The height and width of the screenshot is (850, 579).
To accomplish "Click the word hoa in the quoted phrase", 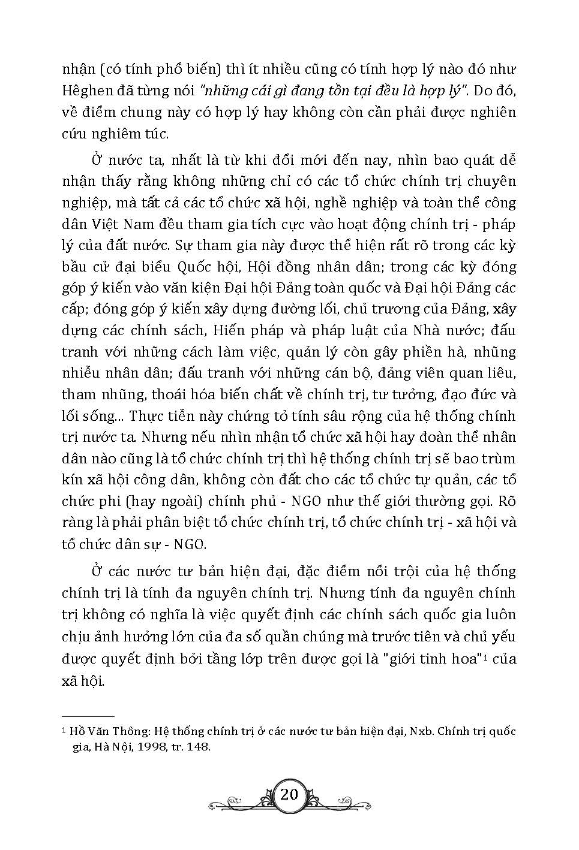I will (461, 659).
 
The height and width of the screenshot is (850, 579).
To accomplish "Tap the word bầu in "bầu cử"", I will (75, 266).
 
